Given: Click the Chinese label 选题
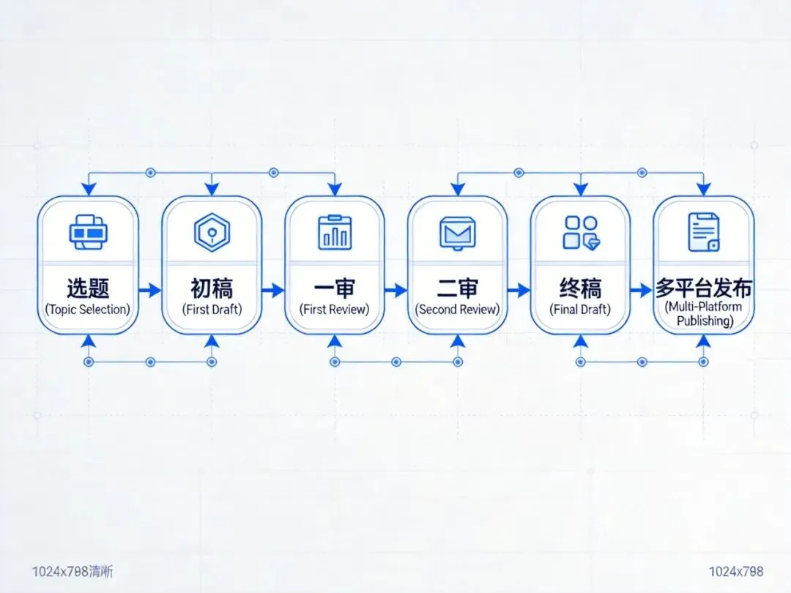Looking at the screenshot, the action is coord(88,287).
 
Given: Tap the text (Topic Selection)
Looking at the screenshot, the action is coord(88,309).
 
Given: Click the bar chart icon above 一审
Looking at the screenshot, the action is coord(335,232).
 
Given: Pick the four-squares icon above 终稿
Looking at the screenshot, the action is coord(580,232).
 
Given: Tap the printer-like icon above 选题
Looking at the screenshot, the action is coord(88,232).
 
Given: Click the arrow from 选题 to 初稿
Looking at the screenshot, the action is coord(149,291).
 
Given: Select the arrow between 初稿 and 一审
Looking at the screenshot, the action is coord(272,291).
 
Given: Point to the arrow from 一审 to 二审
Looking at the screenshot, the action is coord(395,291).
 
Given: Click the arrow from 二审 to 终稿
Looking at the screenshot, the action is coord(519,291).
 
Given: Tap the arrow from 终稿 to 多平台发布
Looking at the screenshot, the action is coord(642,291).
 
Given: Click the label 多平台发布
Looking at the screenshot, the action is coord(703,287).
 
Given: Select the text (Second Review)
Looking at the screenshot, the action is coord(458,309).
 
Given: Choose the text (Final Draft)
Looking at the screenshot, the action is coord(580,309).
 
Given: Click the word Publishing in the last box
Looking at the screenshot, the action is coord(703,321).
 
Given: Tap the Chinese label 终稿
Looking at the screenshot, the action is coord(580,287).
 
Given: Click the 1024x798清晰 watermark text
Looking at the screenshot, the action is coord(73,571).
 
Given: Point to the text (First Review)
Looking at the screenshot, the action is coord(335,309).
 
